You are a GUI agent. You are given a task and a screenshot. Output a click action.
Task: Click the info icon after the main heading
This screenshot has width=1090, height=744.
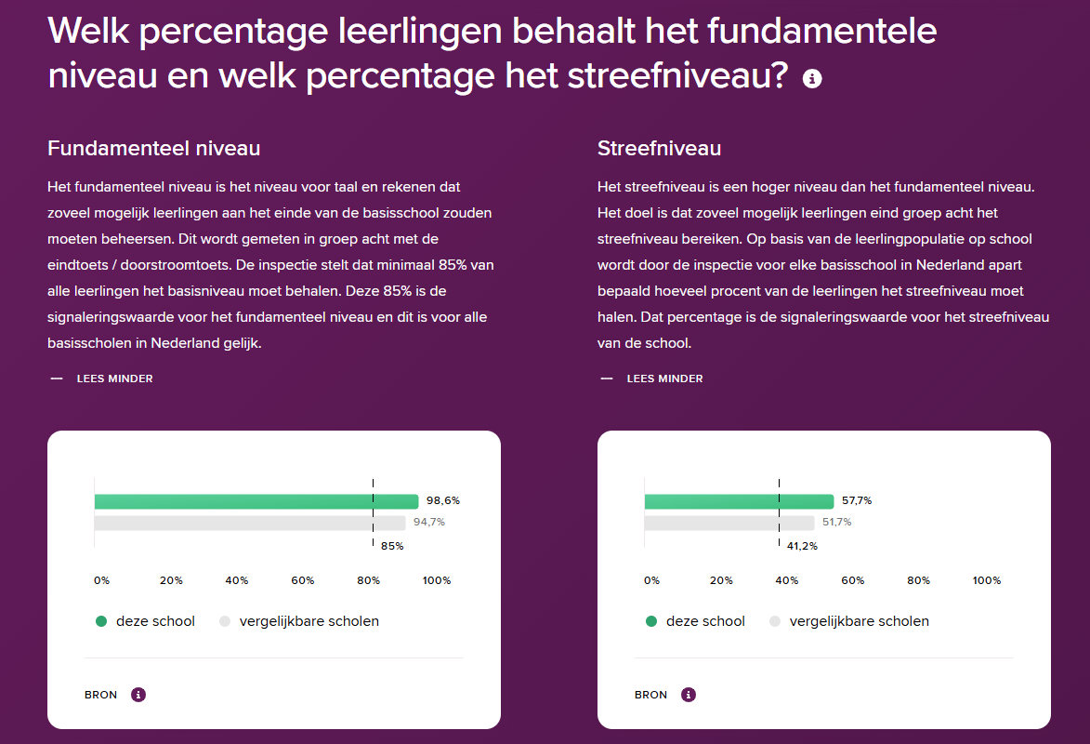812,79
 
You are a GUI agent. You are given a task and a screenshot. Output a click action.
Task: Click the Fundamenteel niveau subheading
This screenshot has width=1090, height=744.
153,148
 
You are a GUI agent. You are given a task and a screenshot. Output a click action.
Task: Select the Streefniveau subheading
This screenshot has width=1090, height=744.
659,148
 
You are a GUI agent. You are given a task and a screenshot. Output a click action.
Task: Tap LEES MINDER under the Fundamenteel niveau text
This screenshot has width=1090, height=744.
114,379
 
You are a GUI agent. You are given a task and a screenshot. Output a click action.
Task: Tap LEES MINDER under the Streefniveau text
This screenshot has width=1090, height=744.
664,379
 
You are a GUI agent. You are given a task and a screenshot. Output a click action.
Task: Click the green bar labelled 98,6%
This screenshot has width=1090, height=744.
256,501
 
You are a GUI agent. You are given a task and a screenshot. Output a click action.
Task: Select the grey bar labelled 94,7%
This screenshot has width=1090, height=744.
249,523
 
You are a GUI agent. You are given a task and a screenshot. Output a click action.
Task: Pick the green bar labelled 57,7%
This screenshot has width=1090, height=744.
739,501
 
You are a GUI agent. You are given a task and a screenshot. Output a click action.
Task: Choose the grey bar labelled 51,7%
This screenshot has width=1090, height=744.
729,523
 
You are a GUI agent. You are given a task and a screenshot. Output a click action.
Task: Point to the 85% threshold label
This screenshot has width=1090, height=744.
392,546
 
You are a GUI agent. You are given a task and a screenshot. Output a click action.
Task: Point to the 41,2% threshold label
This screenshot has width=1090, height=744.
802,546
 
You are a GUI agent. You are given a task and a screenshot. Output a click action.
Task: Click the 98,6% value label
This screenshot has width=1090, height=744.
443,500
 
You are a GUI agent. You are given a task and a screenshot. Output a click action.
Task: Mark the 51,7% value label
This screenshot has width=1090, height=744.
836,522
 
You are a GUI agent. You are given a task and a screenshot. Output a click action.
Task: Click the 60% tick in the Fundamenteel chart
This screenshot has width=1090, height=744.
303,580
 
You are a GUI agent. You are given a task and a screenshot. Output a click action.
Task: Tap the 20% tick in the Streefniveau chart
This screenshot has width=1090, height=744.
721,580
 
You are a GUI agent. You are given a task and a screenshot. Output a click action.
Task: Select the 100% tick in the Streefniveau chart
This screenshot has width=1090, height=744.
987,580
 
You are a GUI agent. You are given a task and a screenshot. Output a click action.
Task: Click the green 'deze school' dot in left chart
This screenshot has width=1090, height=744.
101,621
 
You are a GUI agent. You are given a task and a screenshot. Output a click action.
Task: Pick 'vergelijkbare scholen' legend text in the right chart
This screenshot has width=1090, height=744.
859,621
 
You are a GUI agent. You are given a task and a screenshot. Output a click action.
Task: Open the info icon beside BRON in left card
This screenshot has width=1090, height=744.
138,695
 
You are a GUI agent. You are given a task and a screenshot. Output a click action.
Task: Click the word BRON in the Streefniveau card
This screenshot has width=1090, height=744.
650,695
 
